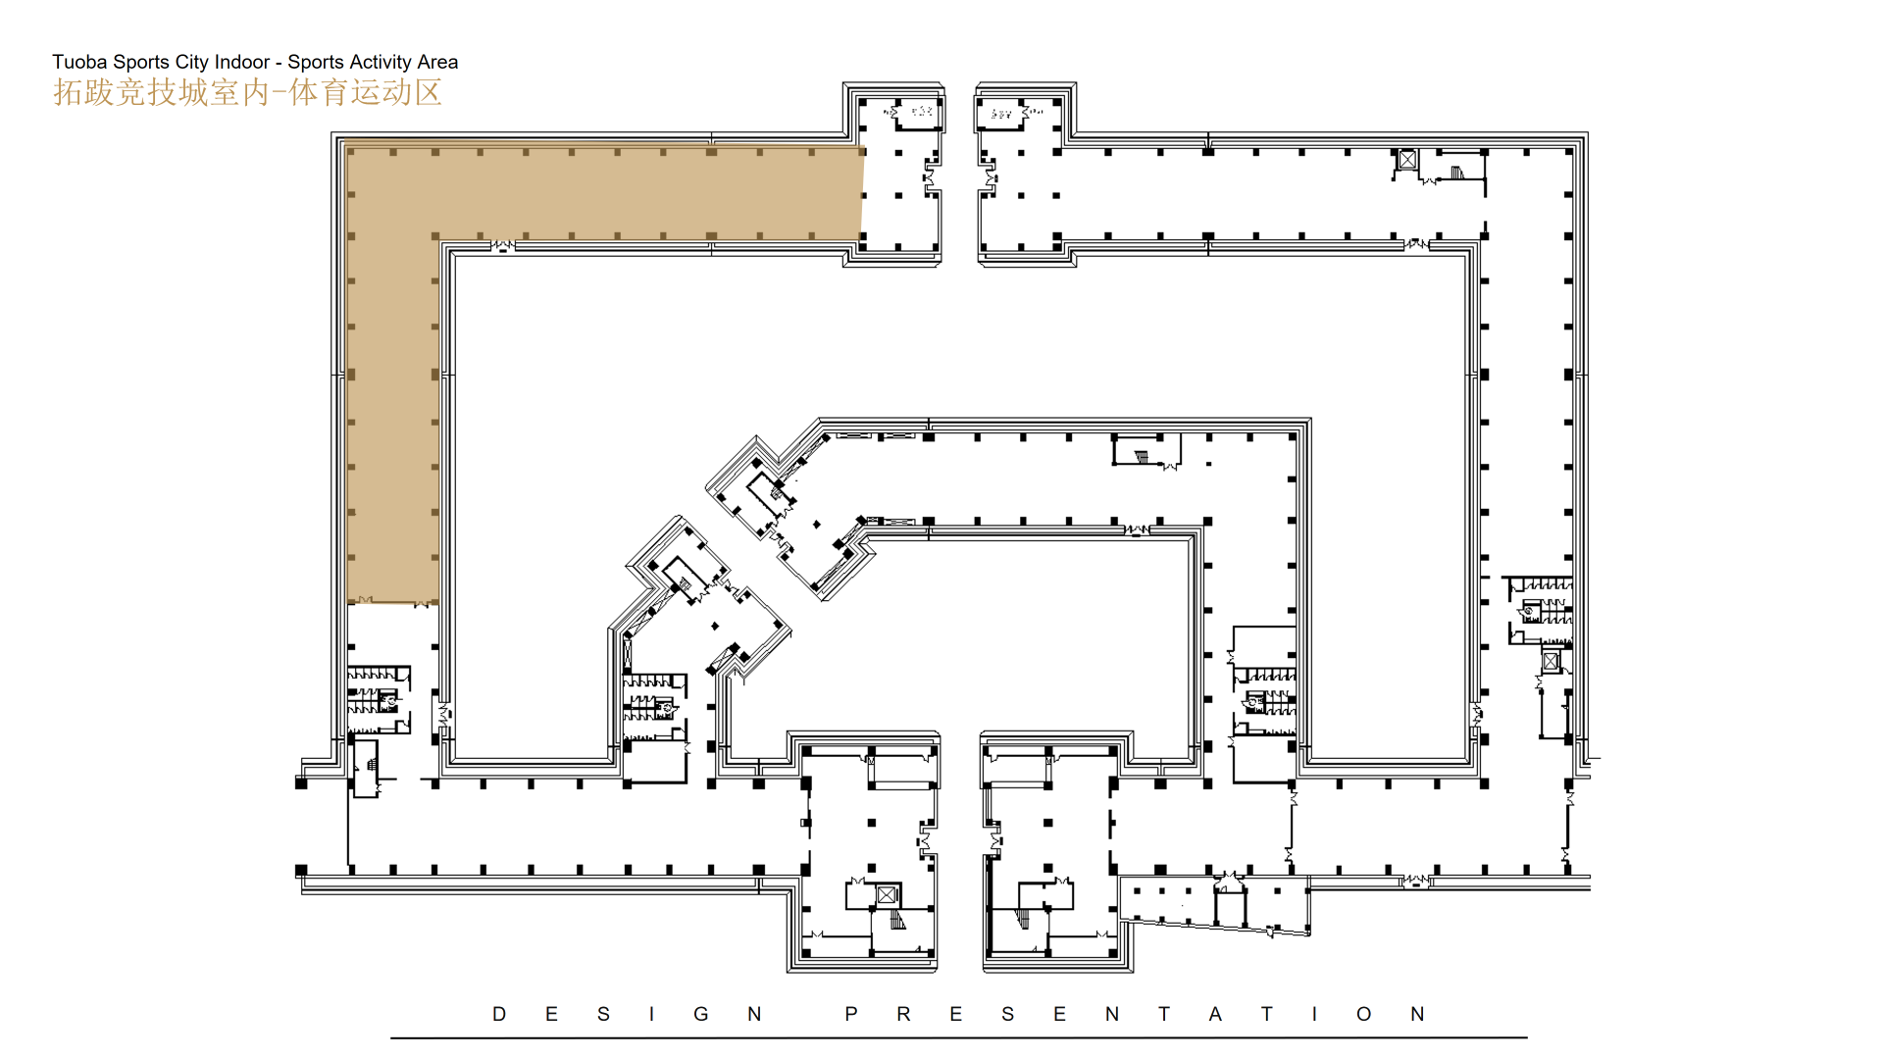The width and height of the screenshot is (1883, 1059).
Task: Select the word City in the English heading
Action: [191, 63]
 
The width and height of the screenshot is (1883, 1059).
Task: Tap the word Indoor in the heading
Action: [242, 62]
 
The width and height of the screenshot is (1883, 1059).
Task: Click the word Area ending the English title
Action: [437, 62]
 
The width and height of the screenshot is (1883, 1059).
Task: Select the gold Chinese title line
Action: [247, 92]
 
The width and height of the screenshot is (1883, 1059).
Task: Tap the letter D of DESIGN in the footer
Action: [499, 1014]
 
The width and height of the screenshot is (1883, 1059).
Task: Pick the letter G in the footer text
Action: [701, 1014]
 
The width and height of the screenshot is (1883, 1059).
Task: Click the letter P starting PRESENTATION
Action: [851, 1014]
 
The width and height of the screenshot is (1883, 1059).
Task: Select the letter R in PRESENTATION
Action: [903, 1014]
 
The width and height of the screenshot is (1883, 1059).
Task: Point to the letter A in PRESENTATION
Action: [1215, 1014]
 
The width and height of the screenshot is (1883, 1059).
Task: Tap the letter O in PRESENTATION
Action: [1364, 1014]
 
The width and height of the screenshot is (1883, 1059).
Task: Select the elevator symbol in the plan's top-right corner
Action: [1407, 159]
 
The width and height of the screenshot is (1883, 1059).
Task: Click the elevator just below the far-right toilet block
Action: [1551, 662]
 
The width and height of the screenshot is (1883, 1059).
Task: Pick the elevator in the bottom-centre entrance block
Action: [887, 895]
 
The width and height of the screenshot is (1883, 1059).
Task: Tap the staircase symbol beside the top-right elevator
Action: [1457, 173]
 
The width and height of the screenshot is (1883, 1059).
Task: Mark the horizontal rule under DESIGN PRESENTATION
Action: [958, 1037]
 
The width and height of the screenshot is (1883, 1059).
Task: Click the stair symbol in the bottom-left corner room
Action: [372, 765]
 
